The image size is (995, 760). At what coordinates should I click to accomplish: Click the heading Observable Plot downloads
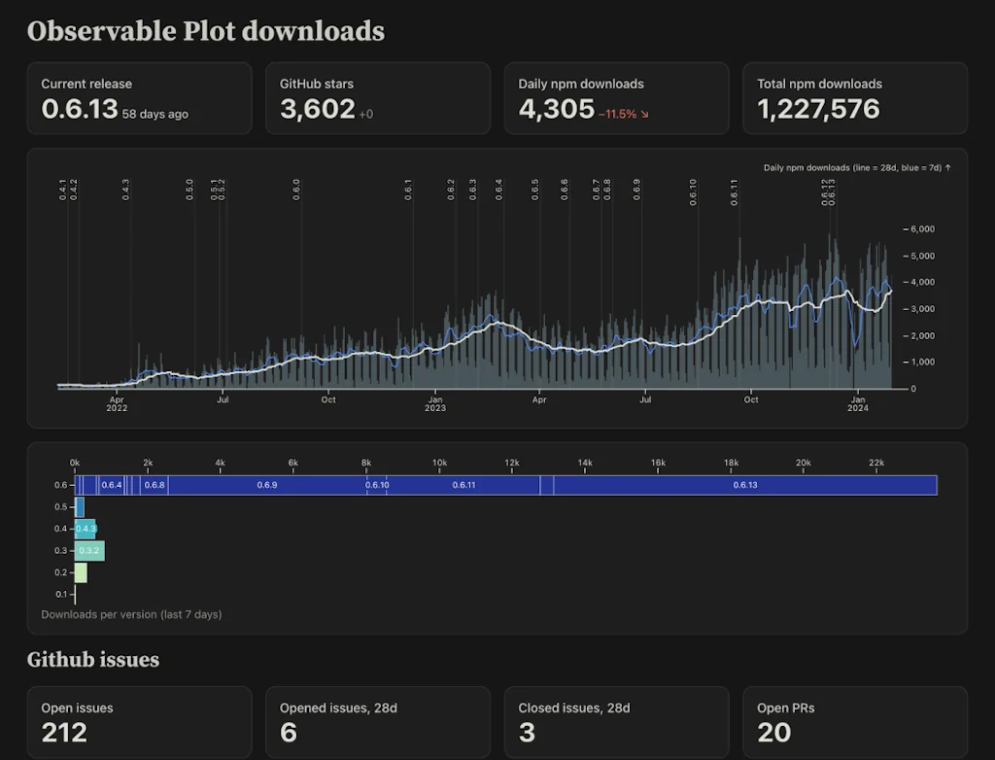(x=206, y=31)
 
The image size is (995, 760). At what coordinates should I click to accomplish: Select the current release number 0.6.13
(x=79, y=109)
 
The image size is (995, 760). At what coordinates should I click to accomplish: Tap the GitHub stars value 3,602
(x=317, y=109)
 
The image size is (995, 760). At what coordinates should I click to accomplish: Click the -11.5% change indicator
(x=623, y=114)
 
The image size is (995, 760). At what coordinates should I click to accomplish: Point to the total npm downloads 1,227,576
(x=818, y=109)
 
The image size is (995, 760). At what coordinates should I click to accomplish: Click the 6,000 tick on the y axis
(x=920, y=229)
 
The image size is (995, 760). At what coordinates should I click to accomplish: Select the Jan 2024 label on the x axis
(x=858, y=403)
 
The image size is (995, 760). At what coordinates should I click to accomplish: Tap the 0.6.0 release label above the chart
(x=296, y=189)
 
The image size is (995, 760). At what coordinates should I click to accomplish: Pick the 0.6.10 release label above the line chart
(x=693, y=189)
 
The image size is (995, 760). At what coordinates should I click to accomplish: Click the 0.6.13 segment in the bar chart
(x=744, y=485)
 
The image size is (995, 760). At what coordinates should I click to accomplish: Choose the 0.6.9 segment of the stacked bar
(x=267, y=485)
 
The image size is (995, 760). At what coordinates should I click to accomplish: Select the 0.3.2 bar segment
(x=89, y=551)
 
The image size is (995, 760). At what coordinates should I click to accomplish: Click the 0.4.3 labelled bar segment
(x=86, y=529)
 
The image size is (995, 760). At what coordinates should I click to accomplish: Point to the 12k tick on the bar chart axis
(x=512, y=463)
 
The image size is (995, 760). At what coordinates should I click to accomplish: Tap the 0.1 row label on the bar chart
(x=61, y=594)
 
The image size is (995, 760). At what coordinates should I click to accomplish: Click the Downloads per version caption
(x=131, y=614)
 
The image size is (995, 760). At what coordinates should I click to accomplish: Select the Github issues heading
(x=93, y=660)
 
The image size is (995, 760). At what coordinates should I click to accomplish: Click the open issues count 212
(x=64, y=732)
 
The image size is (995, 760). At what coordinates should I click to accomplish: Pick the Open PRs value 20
(x=773, y=732)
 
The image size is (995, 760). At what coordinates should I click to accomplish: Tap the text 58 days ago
(x=155, y=114)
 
